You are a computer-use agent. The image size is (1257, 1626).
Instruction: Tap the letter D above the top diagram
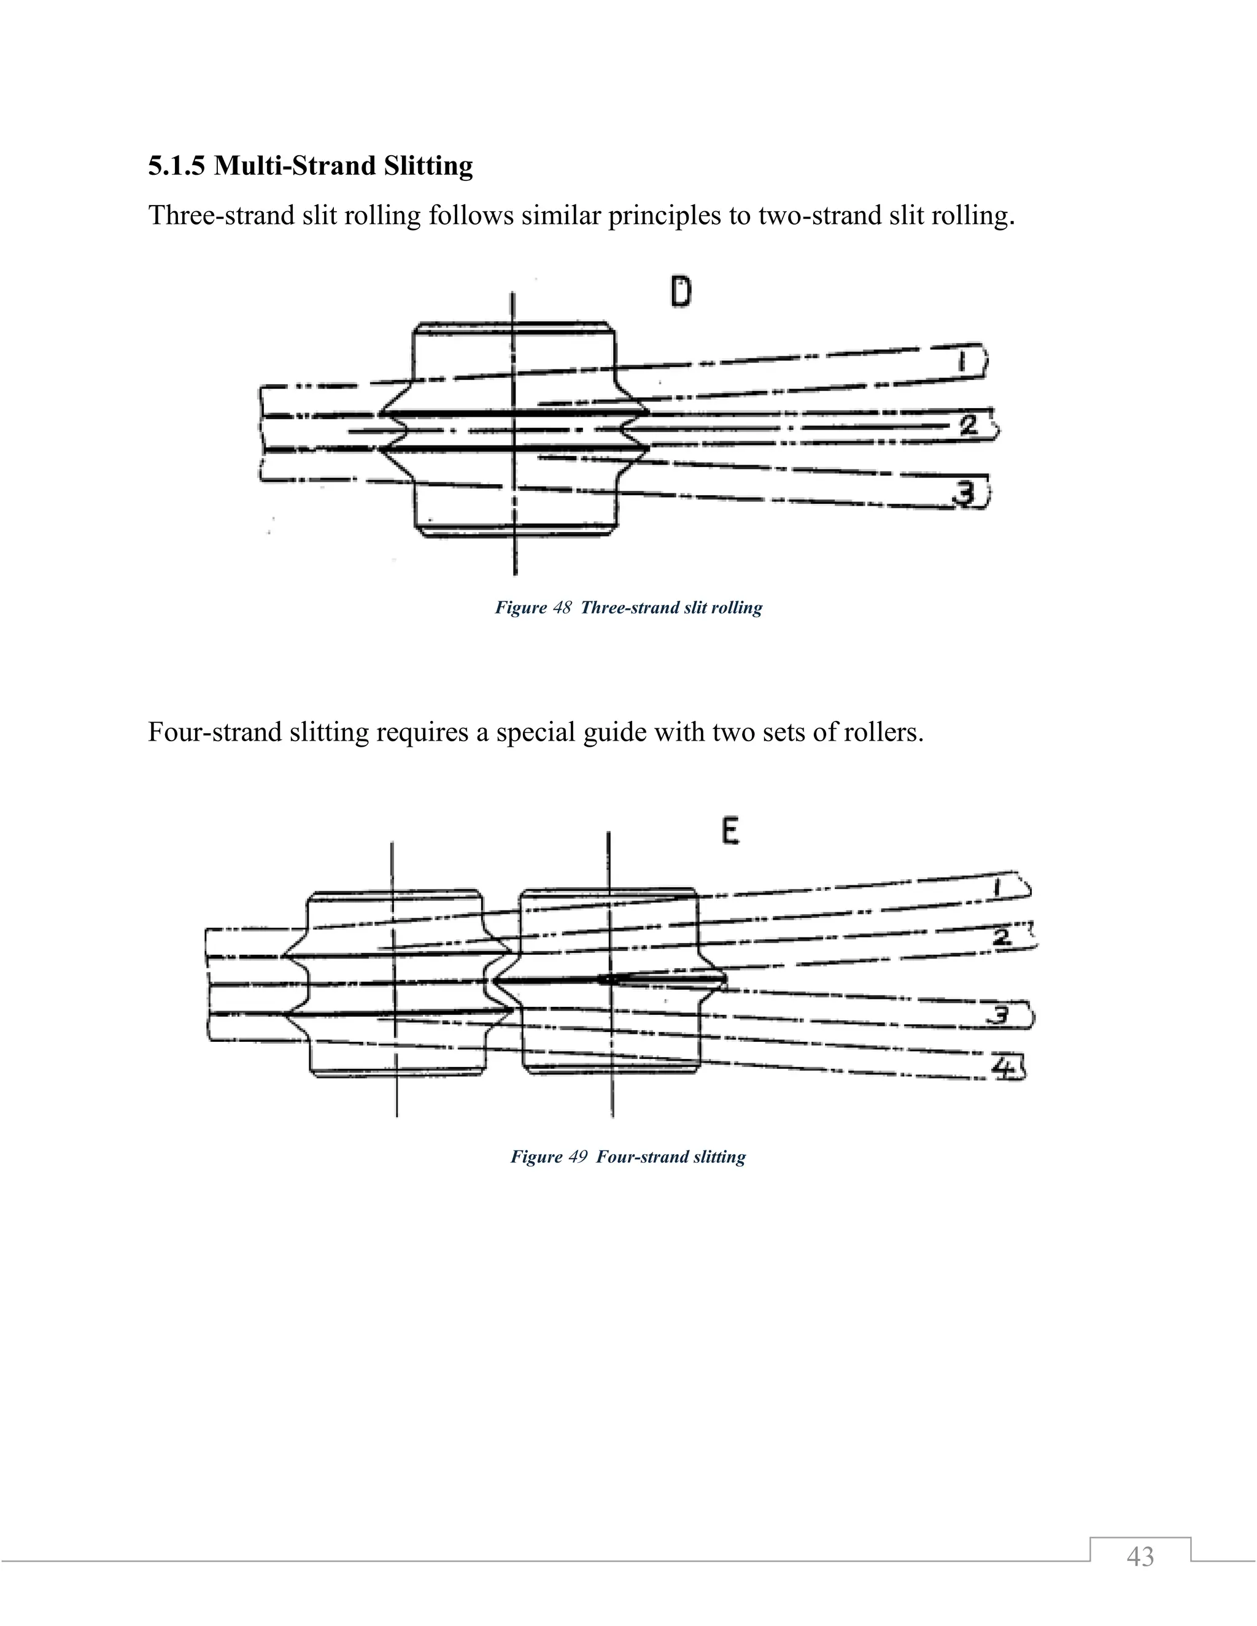click(680, 293)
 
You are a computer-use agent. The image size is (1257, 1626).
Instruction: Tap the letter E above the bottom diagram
click(730, 831)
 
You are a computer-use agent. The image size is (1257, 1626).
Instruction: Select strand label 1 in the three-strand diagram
click(962, 363)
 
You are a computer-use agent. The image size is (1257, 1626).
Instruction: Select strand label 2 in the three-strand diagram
click(967, 426)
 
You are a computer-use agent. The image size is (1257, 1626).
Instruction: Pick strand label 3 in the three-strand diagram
click(965, 492)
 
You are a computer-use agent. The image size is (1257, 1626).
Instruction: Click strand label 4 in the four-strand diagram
click(1005, 1068)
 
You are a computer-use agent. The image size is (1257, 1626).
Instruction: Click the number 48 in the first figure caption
click(562, 607)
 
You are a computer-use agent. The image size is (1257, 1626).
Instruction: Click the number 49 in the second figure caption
click(577, 1156)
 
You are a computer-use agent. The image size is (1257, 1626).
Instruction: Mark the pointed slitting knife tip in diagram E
click(603, 980)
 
